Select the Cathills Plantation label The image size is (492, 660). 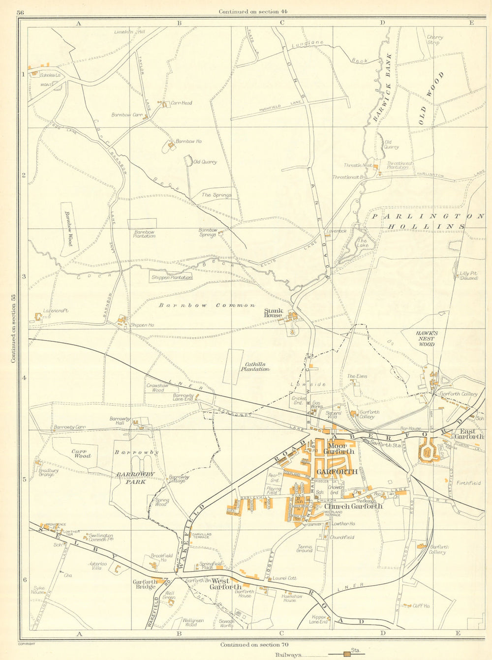(255, 366)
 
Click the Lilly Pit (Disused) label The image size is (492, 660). (468, 275)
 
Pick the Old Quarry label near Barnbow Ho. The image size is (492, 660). (205, 161)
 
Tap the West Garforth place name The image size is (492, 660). (225, 584)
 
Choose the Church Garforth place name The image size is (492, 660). (353, 506)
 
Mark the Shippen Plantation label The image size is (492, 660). (171, 277)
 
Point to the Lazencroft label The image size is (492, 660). (56, 311)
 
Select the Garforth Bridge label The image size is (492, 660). (145, 584)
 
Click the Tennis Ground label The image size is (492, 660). (305, 548)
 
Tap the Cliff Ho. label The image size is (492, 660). (421, 606)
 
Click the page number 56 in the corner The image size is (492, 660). (20, 12)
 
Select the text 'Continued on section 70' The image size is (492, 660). (250, 645)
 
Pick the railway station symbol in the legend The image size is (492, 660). (348, 654)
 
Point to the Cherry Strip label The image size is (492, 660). (435, 40)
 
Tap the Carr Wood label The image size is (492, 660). (81, 453)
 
